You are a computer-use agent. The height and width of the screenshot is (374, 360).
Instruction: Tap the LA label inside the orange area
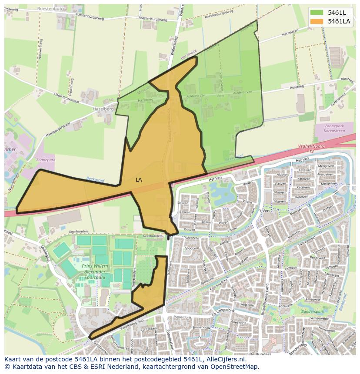pyautogui.click(x=139, y=179)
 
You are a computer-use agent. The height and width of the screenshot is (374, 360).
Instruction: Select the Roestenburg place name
pyautogui.click(x=50, y=8)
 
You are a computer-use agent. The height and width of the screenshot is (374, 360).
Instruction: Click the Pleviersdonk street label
pyautogui.click(x=182, y=317)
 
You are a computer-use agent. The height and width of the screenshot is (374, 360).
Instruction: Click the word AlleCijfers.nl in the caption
pyautogui.click(x=224, y=359)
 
